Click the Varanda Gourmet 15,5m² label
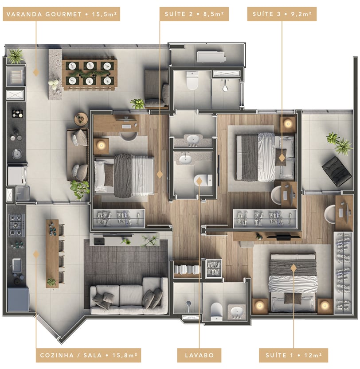click(x=62, y=14)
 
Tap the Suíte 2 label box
click(x=194, y=14)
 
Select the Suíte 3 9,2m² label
click(x=282, y=14)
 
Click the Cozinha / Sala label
click(x=88, y=355)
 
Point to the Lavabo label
click(x=199, y=355)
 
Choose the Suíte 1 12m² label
click(x=293, y=355)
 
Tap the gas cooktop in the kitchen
click(x=17, y=225)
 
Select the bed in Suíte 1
click(x=293, y=283)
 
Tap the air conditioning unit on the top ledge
click(x=211, y=57)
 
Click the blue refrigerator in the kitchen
click(x=18, y=299)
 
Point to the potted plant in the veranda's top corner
click(x=16, y=56)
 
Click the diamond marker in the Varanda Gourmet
click(x=36, y=72)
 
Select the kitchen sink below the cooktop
click(x=16, y=265)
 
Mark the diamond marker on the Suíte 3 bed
click(x=282, y=158)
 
